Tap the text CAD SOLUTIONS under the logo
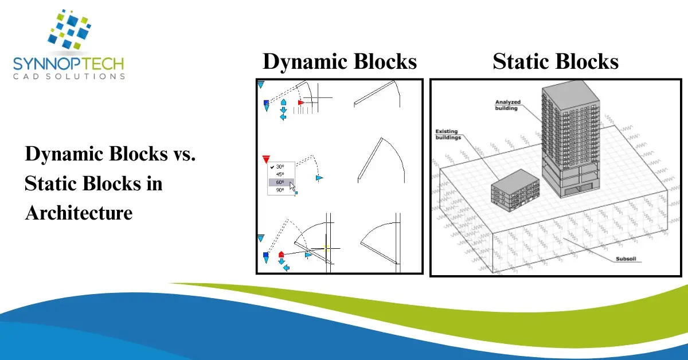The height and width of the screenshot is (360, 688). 68,76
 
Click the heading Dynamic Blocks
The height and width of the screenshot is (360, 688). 339,61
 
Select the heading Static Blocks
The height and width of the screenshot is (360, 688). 556,61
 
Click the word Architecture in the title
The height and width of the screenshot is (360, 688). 79,213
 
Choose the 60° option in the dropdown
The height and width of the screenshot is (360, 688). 280,182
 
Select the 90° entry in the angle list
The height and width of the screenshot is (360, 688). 280,190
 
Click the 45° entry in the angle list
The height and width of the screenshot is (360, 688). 280,174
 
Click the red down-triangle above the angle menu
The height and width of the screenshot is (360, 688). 265,159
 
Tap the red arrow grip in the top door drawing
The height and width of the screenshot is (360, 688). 300,103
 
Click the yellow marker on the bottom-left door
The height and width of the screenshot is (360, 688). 326,248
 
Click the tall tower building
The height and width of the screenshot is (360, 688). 571,143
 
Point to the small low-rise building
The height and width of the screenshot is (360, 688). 515,190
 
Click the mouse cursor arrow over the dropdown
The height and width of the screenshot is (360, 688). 292,185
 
